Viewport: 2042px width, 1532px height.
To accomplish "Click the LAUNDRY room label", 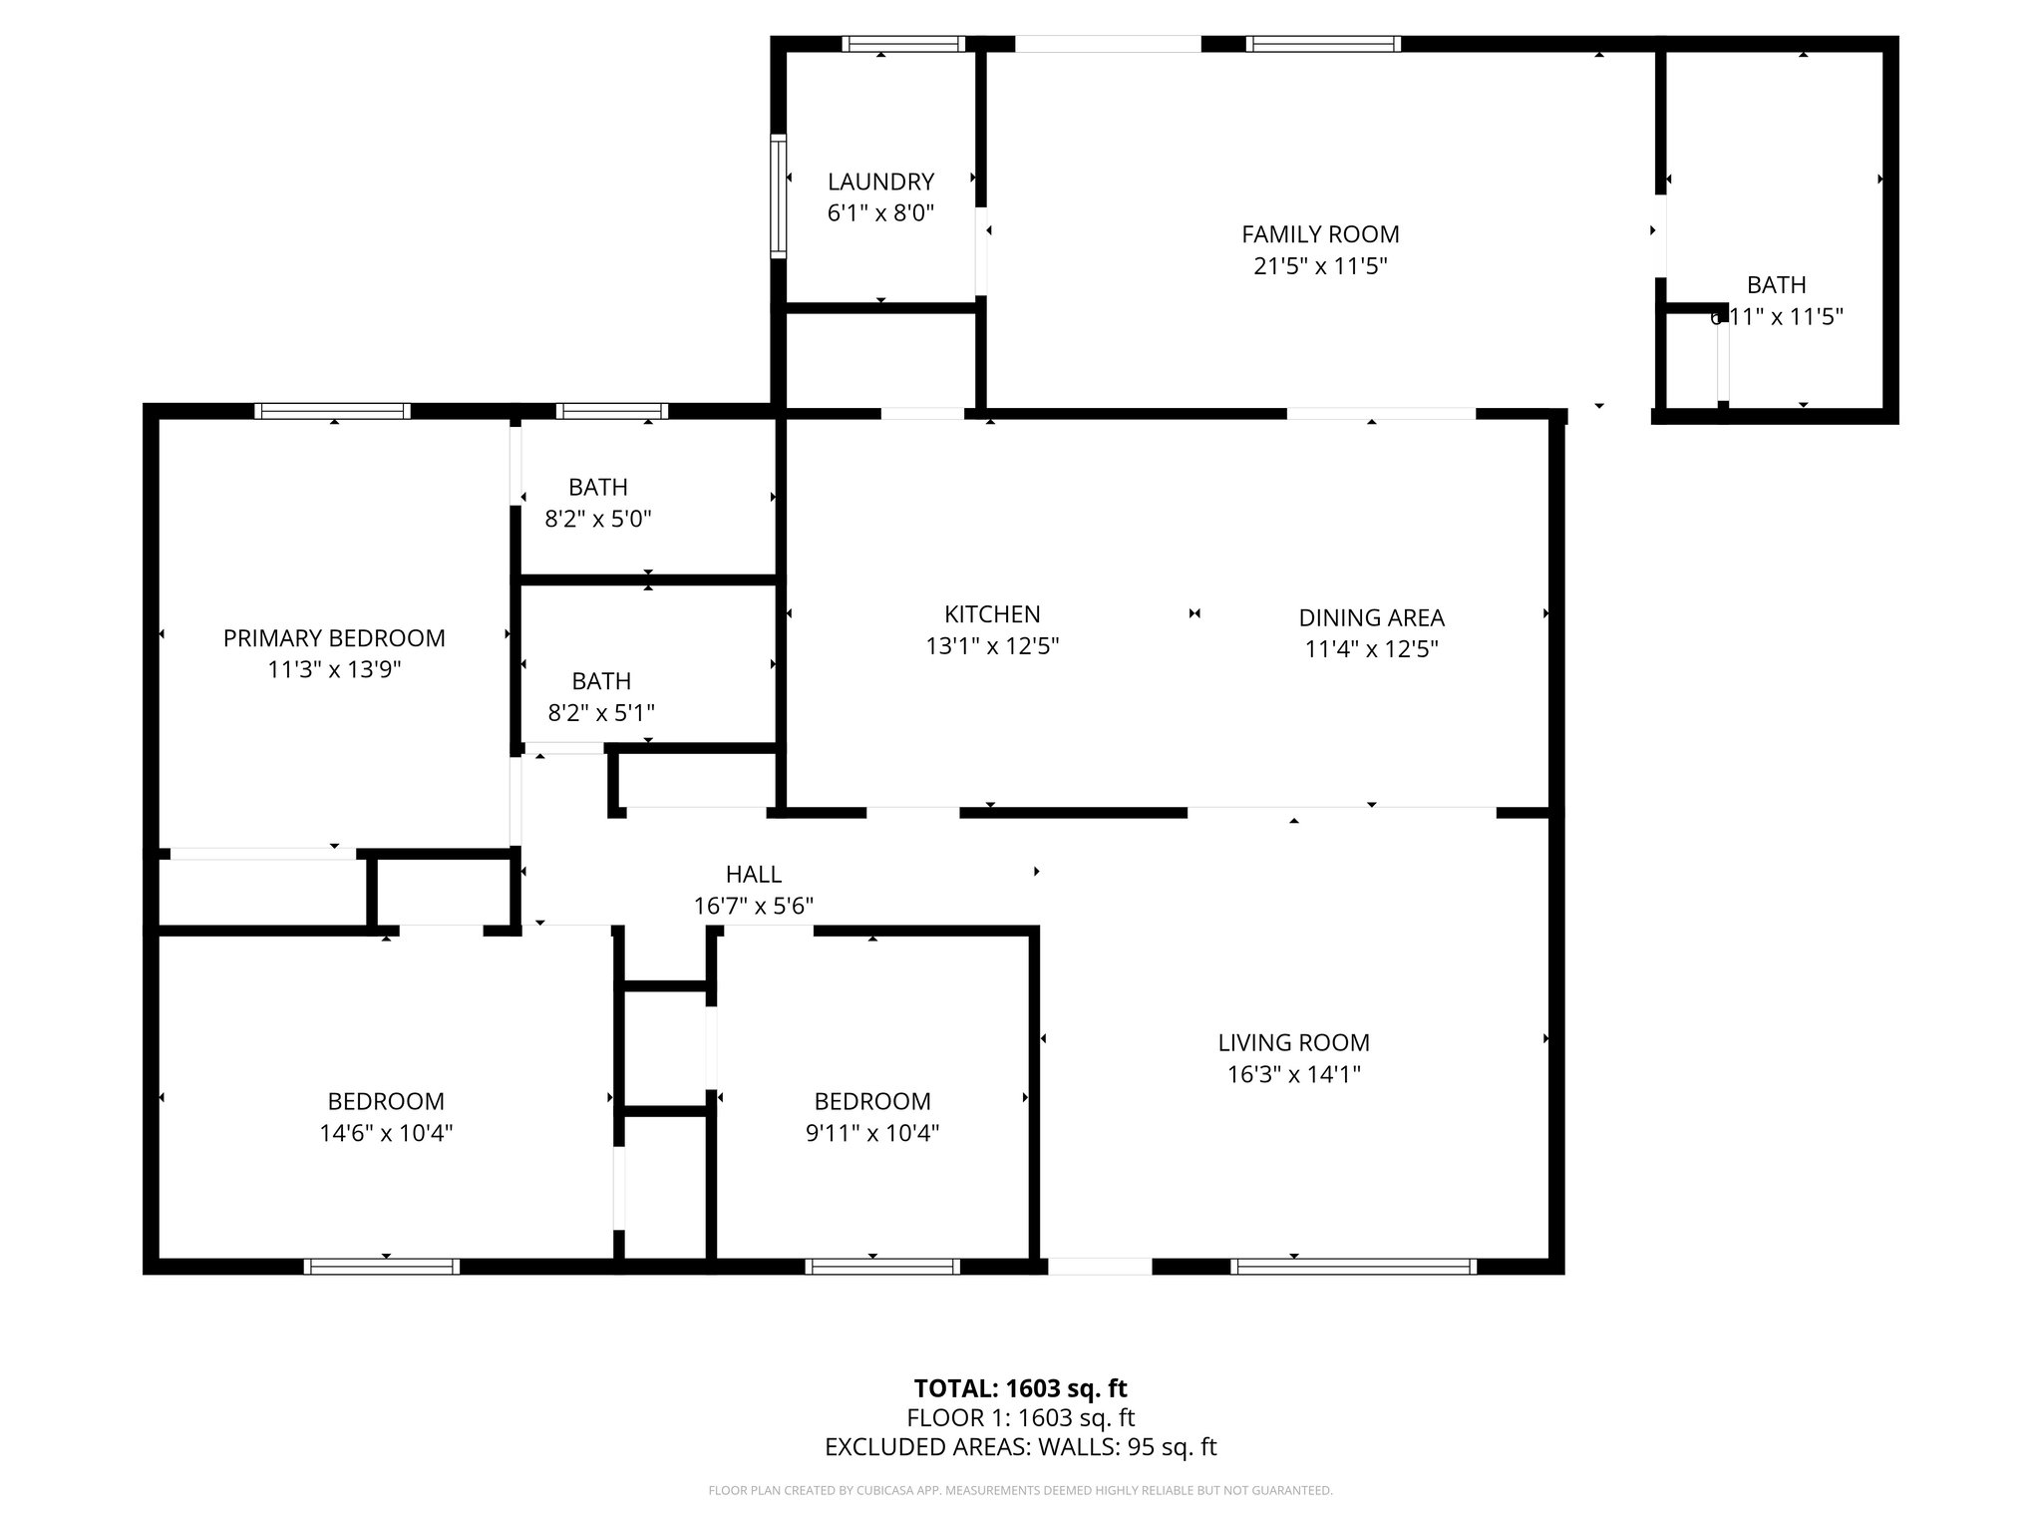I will click(880, 182).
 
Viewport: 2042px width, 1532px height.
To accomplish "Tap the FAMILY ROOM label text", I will click(1320, 234).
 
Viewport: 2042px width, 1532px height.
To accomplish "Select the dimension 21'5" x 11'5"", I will click(1320, 266).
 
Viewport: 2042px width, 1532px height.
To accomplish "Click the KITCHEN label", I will click(992, 614).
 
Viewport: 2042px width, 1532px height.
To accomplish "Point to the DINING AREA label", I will click(1371, 618).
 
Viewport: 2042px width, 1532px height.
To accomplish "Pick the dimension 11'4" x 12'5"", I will click(1371, 649).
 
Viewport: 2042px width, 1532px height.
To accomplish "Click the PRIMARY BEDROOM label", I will click(334, 638).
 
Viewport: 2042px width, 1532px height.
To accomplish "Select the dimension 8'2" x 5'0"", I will click(598, 519).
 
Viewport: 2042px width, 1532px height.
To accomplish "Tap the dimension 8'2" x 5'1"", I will click(601, 712).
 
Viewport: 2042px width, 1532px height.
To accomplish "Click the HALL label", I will click(753, 875).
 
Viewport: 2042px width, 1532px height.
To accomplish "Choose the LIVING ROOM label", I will click(1293, 1043).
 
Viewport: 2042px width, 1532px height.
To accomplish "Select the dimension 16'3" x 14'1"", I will click(1293, 1074).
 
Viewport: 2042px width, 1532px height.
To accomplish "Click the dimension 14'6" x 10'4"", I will click(386, 1133).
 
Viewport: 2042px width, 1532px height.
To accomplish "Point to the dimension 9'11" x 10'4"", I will click(872, 1133).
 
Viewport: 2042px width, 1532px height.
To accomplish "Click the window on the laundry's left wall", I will click(778, 196).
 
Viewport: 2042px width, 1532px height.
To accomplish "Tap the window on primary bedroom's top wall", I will click(332, 411).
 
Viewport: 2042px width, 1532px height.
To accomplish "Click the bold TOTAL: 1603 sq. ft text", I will click(1020, 1388).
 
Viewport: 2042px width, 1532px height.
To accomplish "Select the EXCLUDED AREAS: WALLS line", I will click(1020, 1447).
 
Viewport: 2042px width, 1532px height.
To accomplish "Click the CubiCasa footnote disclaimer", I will click(1020, 1490).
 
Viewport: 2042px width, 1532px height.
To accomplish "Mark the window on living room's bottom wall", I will click(1353, 1267).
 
